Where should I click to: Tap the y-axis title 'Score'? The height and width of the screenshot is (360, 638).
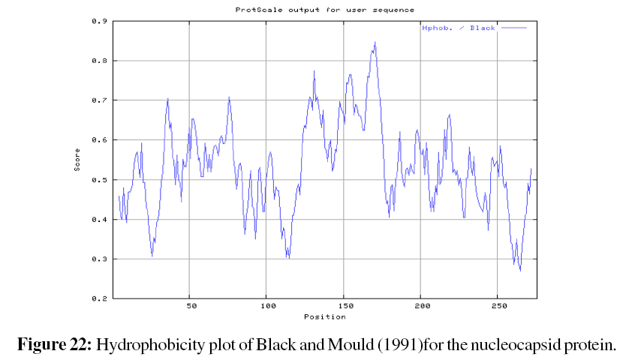point(77,159)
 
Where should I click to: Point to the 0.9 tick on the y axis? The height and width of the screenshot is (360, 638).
point(98,21)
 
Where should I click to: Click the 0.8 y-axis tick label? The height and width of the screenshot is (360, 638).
point(98,61)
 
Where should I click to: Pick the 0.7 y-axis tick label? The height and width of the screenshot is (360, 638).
point(98,100)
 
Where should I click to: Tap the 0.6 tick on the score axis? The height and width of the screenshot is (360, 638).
point(98,140)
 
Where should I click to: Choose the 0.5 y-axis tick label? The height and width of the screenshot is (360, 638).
point(98,180)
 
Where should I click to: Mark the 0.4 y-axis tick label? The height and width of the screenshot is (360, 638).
point(98,220)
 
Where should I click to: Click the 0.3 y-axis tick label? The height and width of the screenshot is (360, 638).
point(98,259)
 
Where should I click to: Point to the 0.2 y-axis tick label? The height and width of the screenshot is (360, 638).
point(98,298)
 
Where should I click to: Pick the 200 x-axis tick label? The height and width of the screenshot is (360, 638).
point(421,307)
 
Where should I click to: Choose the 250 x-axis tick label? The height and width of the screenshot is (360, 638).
point(498,307)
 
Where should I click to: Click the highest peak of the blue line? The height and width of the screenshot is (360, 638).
point(375,43)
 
